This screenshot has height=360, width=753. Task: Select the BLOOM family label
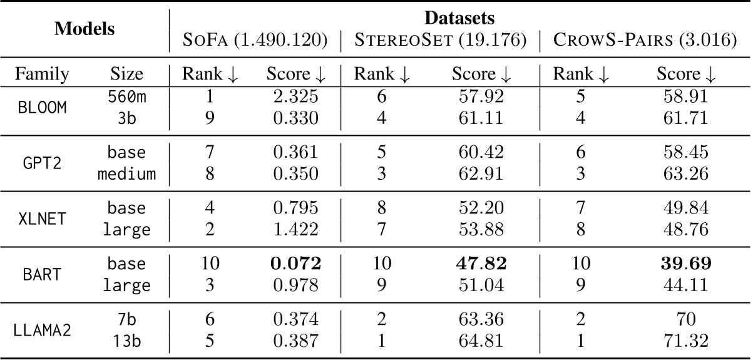(x=41, y=107)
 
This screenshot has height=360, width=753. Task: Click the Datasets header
(x=460, y=18)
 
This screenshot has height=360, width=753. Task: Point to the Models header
(x=85, y=29)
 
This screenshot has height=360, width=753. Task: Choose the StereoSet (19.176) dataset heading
(x=440, y=41)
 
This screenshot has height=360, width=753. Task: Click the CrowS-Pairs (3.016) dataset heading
(x=645, y=41)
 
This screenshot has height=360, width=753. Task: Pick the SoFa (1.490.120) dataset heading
(x=255, y=41)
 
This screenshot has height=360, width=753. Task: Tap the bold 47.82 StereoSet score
(x=479, y=264)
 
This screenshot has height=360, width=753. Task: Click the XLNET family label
(x=41, y=218)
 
